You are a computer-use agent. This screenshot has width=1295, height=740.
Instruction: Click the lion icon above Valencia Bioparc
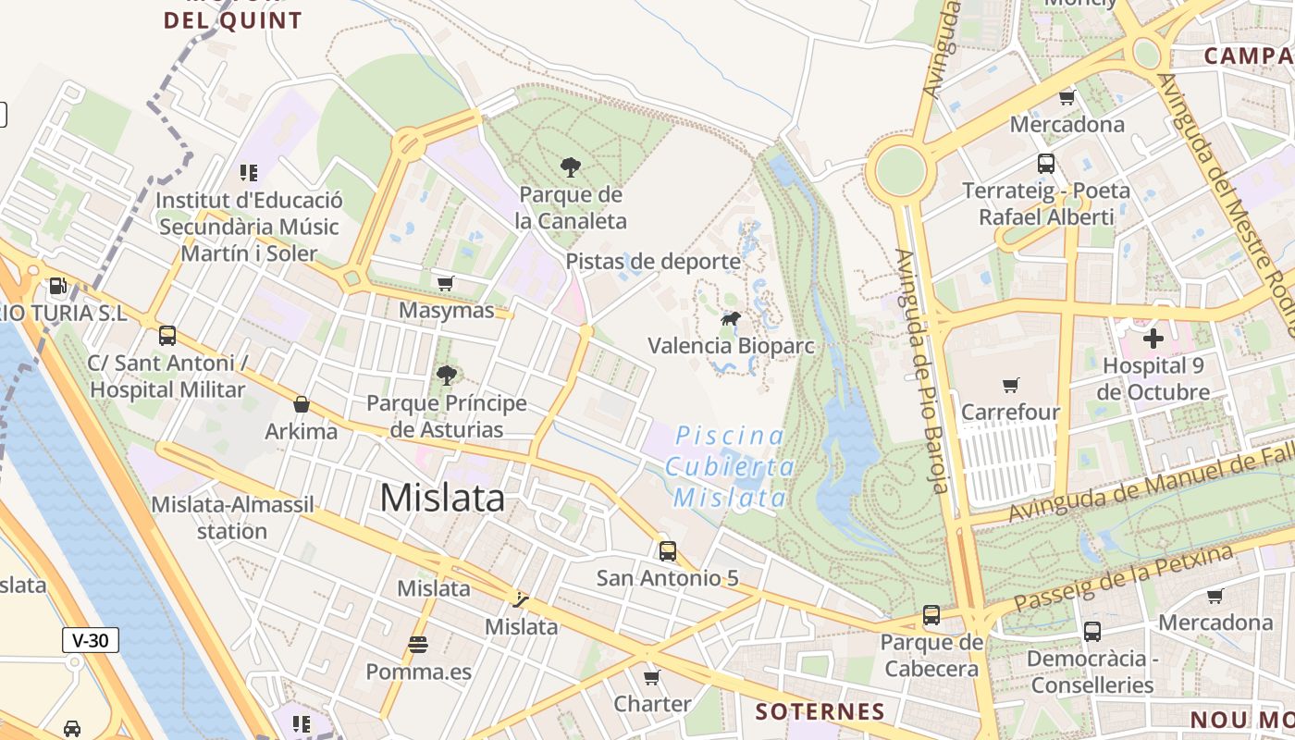coord(731,319)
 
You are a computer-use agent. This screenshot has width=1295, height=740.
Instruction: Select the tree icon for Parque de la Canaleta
coord(571,167)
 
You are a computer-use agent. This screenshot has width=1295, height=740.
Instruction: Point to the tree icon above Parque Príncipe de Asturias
coord(447,375)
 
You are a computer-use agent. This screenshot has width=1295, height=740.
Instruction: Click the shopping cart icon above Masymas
coord(446,283)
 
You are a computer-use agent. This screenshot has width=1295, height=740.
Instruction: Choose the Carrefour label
coord(1010,412)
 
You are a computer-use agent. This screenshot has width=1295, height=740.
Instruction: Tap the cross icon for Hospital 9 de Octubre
coord(1153,339)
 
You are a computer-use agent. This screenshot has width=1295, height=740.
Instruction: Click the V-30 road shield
coord(92,639)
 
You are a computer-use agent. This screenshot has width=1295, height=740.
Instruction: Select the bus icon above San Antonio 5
coord(668,551)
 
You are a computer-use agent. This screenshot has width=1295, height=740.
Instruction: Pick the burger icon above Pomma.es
coord(418,644)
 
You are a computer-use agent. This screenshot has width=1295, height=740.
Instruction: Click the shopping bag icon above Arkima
coord(302,404)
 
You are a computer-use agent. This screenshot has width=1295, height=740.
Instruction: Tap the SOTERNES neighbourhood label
coord(820,711)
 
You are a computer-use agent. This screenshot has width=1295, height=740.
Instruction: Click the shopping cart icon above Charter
coord(652,677)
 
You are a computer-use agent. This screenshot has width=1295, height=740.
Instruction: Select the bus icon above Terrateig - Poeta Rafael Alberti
coord(1046,164)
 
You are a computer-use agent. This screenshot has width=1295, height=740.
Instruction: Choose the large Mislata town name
coord(442,499)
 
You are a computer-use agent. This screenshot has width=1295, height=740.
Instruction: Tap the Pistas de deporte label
coord(653,262)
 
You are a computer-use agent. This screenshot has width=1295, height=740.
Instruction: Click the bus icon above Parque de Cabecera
coord(931,615)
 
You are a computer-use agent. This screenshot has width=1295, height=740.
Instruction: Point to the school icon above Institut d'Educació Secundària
coord(248,172)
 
